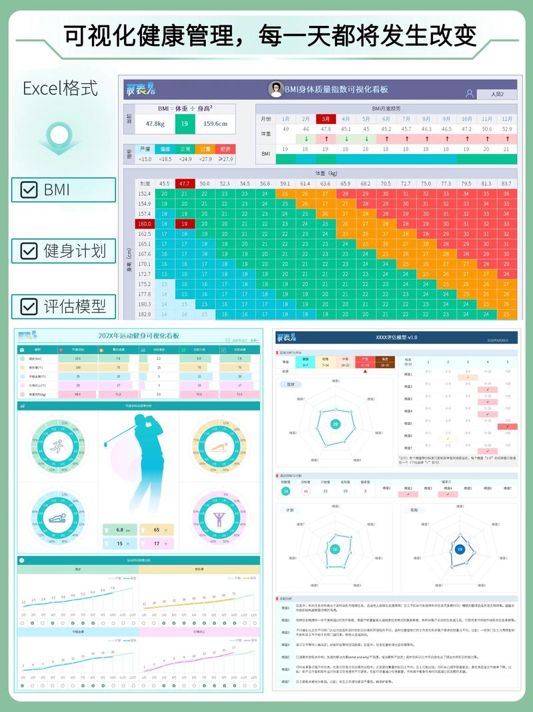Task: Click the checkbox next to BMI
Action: (29, 190)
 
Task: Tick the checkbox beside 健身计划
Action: (29, 250)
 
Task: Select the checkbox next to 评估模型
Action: (29, 306)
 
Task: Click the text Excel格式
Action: (60, 88)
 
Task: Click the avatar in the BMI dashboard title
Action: (274, 89)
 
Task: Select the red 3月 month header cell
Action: (326, 119)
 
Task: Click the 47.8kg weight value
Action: (155, 124)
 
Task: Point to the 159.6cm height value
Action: (215, 124)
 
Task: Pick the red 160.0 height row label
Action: (145, 224)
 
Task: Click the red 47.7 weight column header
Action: (185, 183)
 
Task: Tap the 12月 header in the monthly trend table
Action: (507, 119)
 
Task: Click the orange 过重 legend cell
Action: (205, 149)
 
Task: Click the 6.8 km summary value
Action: (120, 530)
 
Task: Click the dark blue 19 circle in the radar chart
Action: (460, 549)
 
